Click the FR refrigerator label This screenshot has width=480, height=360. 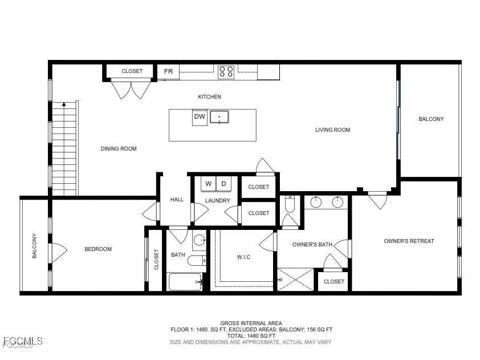168,71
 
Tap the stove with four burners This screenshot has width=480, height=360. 226,71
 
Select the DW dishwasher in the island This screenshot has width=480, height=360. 199,117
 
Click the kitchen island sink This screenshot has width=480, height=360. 219,117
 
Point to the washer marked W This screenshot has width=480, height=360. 208,184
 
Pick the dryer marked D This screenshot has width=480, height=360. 224,184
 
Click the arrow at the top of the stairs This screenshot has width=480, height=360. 64,104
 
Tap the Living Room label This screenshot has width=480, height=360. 332,130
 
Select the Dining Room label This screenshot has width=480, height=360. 119,149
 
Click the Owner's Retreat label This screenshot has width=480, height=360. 409,241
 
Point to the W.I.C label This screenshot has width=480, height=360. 243,257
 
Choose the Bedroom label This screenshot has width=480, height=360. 98,249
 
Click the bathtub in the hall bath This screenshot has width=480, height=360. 185,282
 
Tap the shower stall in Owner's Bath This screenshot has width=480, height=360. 296,280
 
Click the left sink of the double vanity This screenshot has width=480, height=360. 315,201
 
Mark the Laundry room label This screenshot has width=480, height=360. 218,201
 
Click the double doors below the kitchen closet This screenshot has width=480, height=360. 131,89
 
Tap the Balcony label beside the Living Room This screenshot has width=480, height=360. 431,119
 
